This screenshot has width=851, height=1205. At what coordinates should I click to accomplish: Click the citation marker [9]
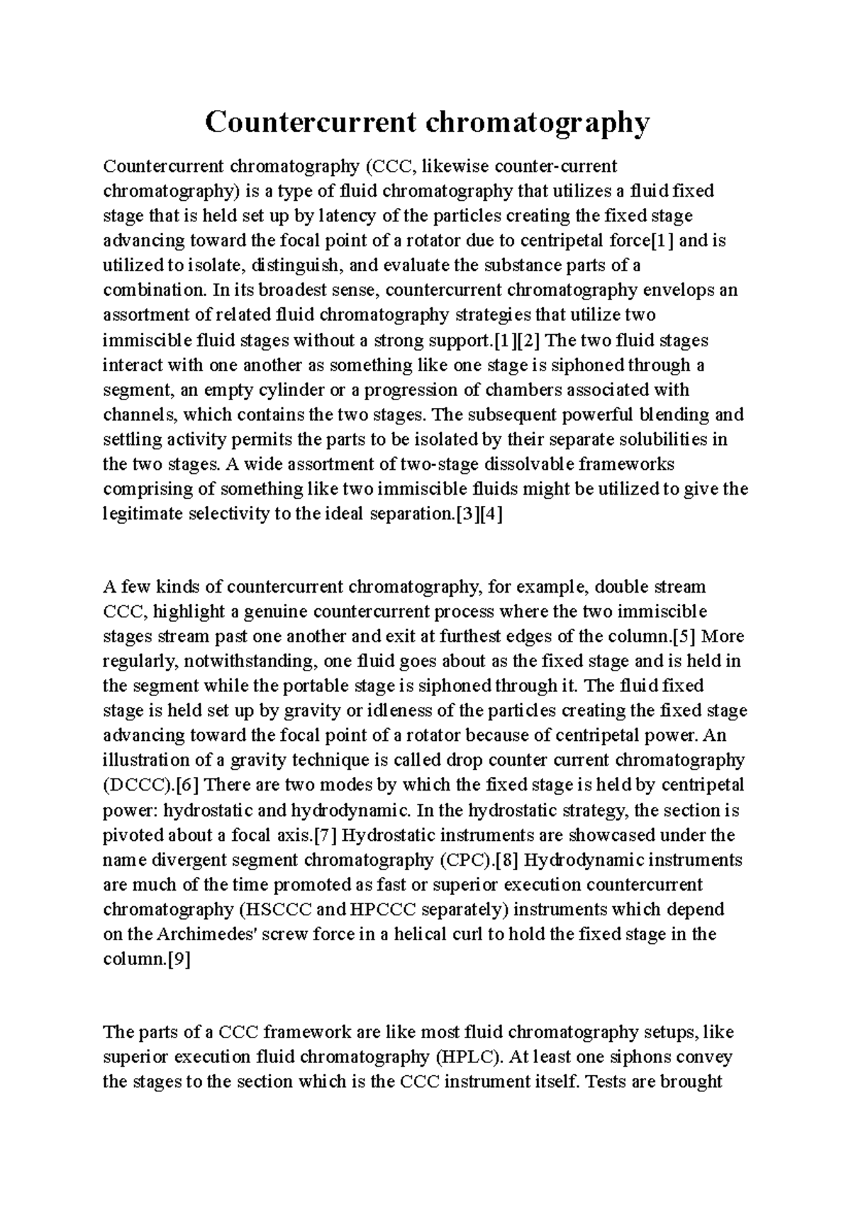(x=177, y=959)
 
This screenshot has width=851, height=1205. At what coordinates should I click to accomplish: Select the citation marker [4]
(x=491, y=514)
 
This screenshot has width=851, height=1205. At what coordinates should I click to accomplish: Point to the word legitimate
(x=143, y=514)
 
